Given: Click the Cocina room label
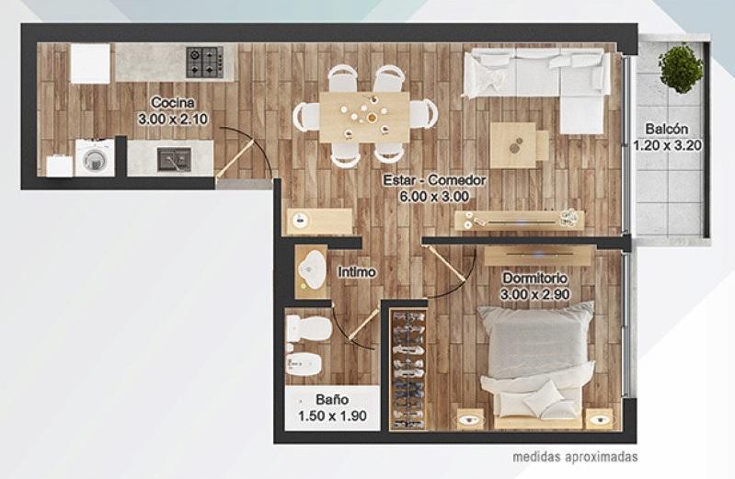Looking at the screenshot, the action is point(173,102).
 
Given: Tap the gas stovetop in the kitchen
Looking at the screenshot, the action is point(205,62).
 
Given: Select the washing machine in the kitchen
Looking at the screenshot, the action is point(95,158).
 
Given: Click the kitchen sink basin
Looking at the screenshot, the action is point(175,159).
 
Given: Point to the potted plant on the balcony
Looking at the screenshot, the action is point(681,68).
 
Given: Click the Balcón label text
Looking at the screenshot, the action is point(667,129).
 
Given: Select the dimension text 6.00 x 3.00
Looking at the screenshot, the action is point(434,197).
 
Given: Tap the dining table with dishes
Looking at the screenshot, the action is point(364,117).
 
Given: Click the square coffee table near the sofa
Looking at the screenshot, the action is point(513,145).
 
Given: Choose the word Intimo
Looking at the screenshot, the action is point(357,272).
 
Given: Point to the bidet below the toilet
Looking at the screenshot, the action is point(304,363).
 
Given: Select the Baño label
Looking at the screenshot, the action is point(332,399).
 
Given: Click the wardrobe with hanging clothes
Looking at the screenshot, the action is point(408,370).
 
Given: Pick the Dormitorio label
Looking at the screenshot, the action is point(534,278).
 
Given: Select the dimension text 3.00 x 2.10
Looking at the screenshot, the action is point(173,119).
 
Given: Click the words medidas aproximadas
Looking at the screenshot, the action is point(575,456).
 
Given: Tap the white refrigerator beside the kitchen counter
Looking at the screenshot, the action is point(90,63).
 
